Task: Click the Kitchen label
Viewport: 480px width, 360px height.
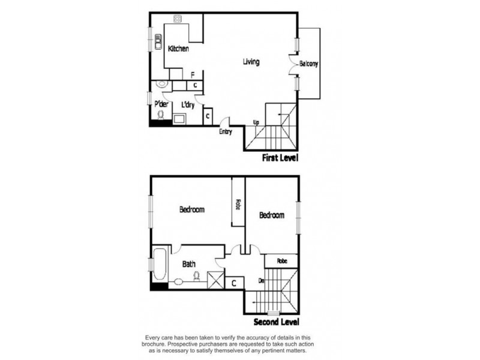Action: (x=178, y=49)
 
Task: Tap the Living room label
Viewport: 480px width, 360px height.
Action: (x=251, y=62)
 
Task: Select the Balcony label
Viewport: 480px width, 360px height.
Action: (x=308, y=64)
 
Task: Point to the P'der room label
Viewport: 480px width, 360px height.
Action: (x=160, y=104)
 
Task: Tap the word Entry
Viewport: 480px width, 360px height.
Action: (x=226, y=132)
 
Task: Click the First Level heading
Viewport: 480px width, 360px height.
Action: (x=280, y=158)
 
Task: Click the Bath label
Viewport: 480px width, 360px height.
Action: (x=189, y=263)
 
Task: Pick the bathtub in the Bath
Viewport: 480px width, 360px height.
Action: (x=160, y=265)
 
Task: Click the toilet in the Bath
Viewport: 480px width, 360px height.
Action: (x=196, y=276)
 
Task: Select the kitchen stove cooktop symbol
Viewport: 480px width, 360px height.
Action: (x=178, y=19)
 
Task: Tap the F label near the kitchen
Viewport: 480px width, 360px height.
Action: (x=193, y=75)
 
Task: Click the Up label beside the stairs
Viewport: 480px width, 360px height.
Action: (x=256, y=122)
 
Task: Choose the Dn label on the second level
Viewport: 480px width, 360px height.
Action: (x=262, y=281)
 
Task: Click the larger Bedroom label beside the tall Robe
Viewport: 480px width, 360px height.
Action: (x=192, y=210)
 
